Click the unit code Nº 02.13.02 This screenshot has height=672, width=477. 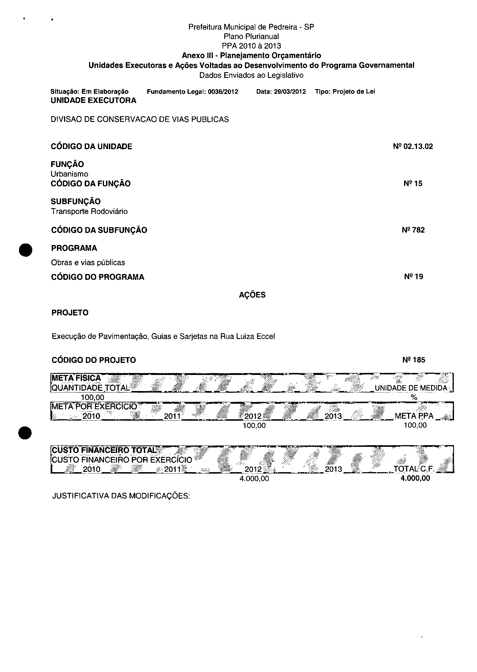pos(413,146)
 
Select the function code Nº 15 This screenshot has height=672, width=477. pos(413,183)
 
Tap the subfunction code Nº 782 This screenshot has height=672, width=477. pos(413,230)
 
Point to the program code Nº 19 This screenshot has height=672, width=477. pos(413,277)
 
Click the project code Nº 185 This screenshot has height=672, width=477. pos(414,360)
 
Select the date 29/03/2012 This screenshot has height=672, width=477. pos(289,91)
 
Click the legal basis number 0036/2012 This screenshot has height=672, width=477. pos(223,91)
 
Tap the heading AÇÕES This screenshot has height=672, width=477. pos(252,295)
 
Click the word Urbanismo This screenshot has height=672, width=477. pos(69,174)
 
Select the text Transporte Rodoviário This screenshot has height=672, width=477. pos(89,211)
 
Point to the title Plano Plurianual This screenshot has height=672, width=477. pos(251,37)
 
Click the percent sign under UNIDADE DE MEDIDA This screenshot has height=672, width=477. pos(414,397)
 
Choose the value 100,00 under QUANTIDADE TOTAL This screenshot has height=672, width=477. pos(92,398)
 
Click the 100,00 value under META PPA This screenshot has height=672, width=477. pos(415,425)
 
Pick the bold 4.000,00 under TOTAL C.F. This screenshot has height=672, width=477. pos(415,478)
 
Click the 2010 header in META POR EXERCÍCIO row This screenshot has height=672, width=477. pos(91,416)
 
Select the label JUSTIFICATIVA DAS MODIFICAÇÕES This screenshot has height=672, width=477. pos(121,496)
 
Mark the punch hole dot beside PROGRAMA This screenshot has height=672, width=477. pos(26,250)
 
